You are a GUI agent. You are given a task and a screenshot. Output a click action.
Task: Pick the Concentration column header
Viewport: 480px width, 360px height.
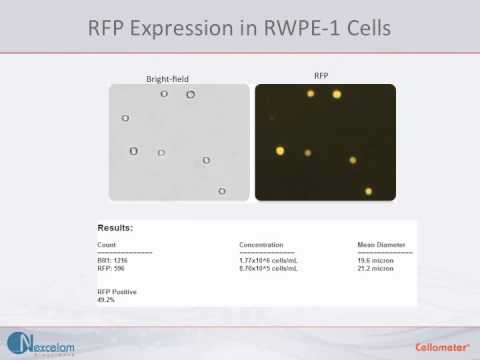point(262,245)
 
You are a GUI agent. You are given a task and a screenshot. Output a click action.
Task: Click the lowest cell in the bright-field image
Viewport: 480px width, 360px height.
point(222,191)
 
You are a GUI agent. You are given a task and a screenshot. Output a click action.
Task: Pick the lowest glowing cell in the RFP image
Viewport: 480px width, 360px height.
point(369,191)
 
